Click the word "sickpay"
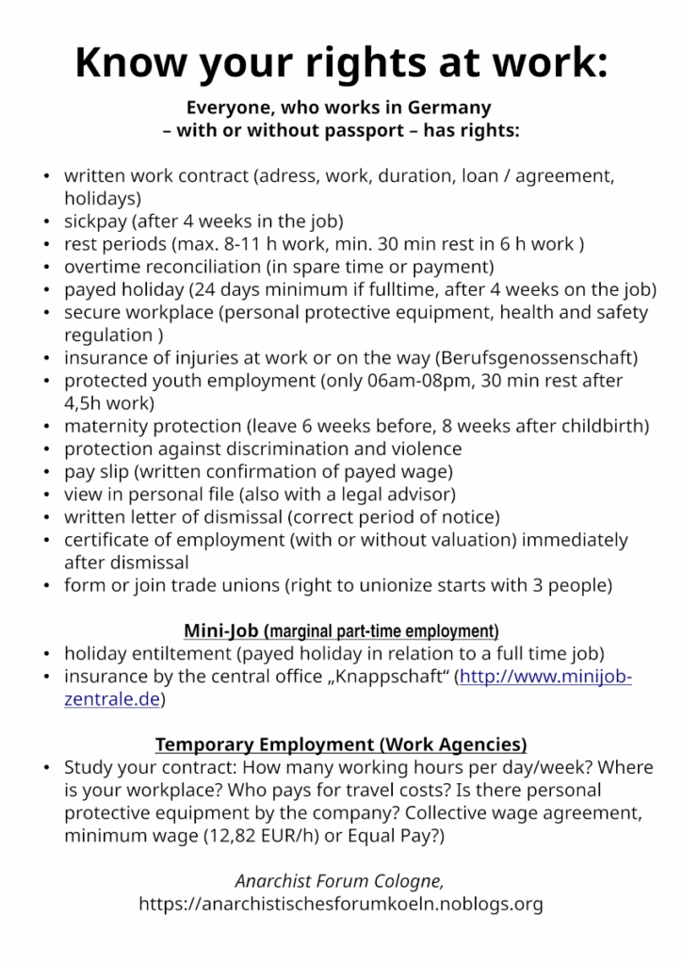click(x=94, y=221)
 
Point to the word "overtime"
click(x=102, y=267)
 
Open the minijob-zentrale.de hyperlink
click(x=544, y=677)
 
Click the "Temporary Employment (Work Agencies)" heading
click(x=341, y=744)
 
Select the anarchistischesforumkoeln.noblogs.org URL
click(x=341, y=905)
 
